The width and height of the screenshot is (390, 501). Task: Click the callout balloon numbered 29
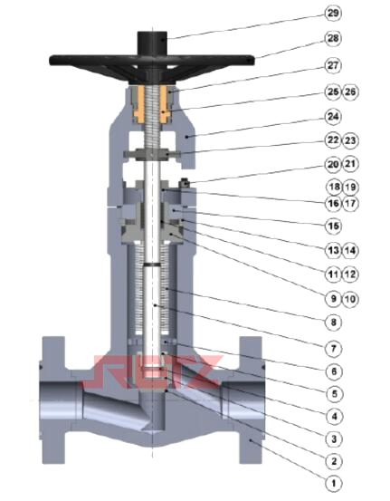tap(333, 14)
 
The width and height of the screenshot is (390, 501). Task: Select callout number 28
tap(333, 38)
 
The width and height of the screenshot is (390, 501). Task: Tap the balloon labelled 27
tap(333, 65)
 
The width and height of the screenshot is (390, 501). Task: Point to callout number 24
tap(333, 117)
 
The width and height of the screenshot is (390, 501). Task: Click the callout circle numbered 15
tap(334, 226)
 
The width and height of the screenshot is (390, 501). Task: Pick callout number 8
tap(334, 323)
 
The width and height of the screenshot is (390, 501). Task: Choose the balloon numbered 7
tap(334, 348)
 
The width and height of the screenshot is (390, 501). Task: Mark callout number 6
tap(334, 371)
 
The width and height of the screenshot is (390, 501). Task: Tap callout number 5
tap(334, 393)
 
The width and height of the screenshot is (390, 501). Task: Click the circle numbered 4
tap(334, 417)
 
